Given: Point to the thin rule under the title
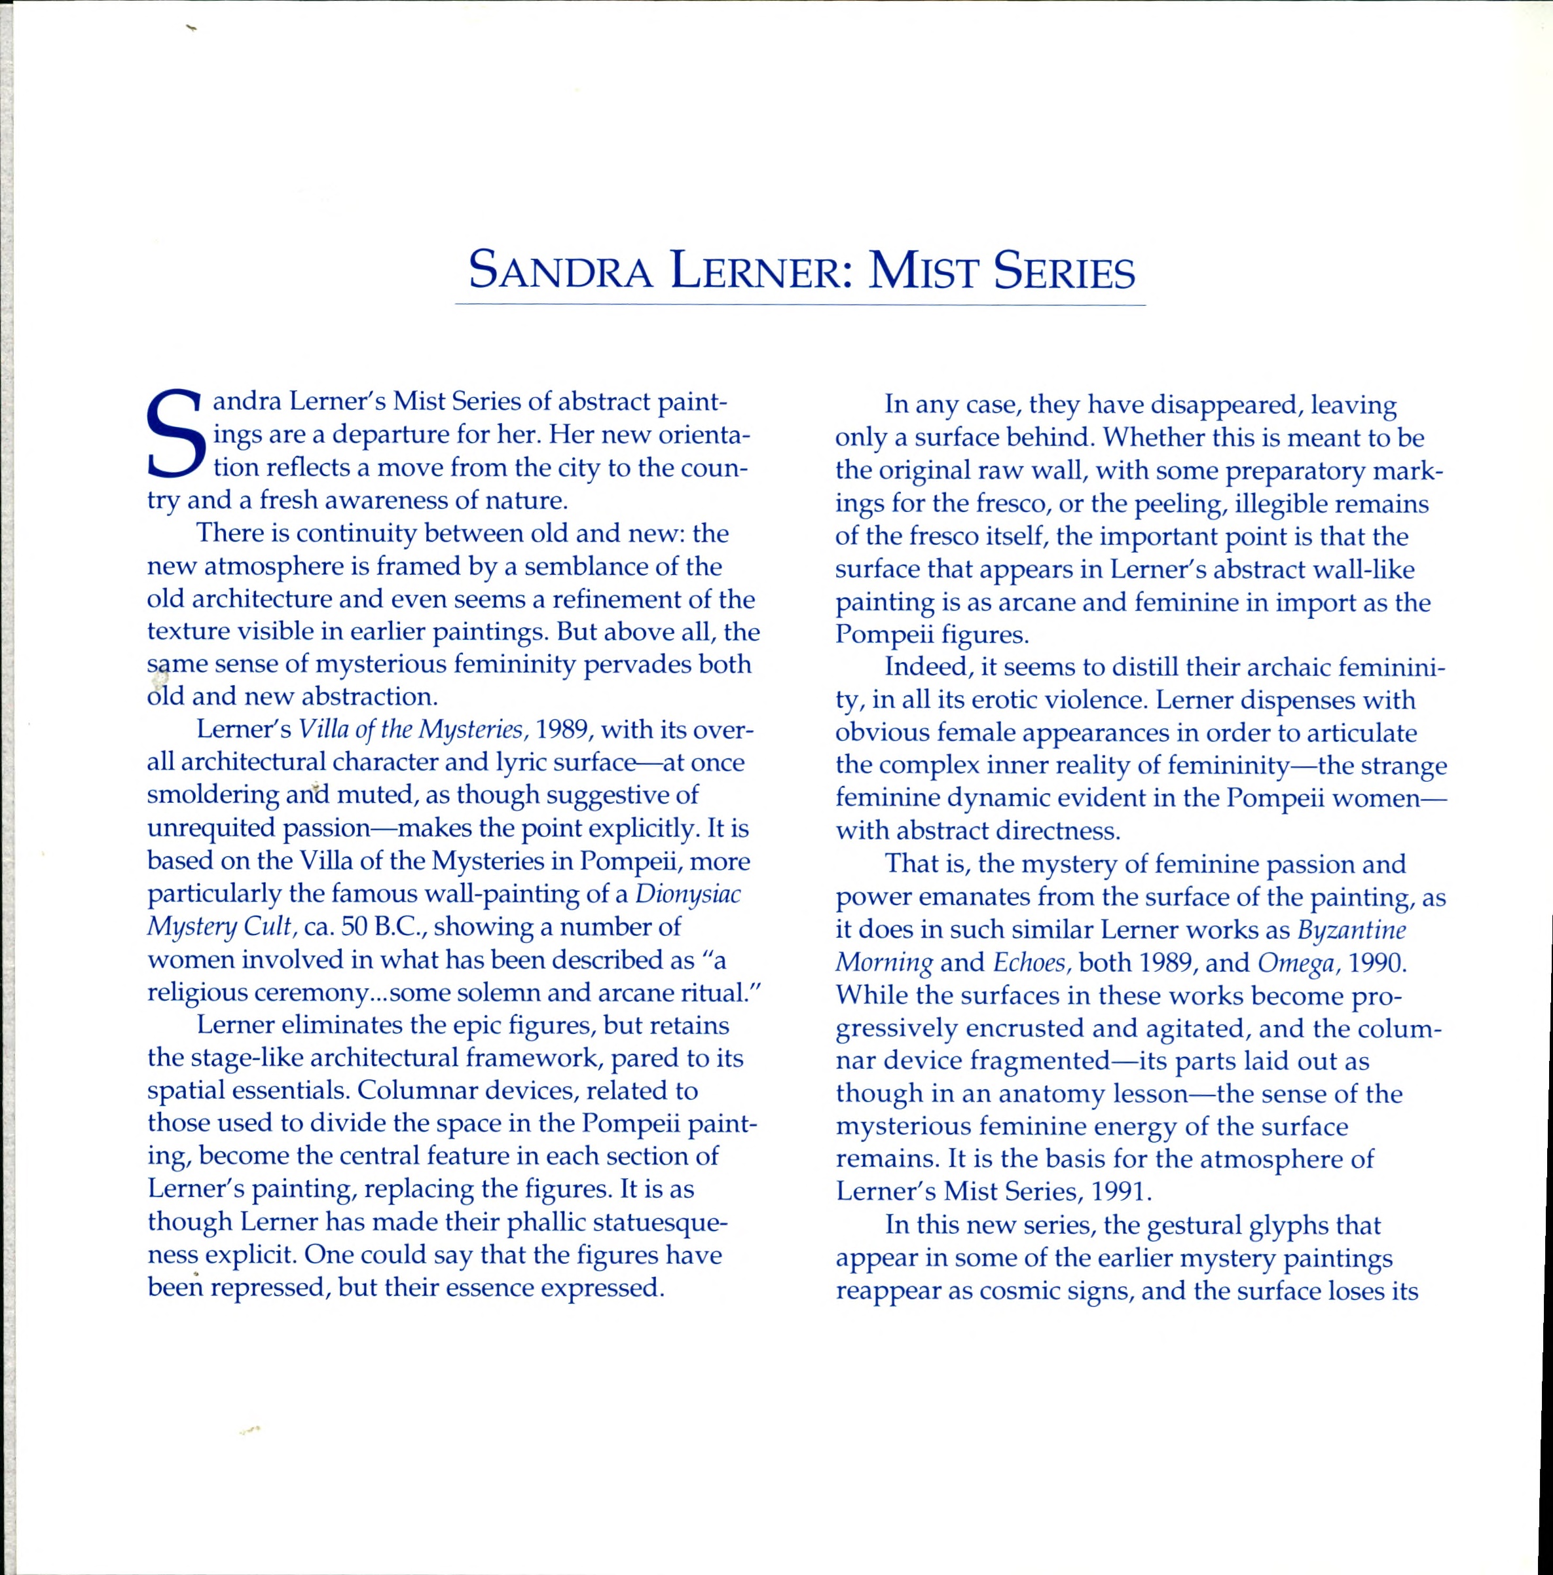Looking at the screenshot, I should (x=799, y=305).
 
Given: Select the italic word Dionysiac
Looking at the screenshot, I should (x=688, y=895).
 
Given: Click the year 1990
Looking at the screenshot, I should (x=1378, y=963).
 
